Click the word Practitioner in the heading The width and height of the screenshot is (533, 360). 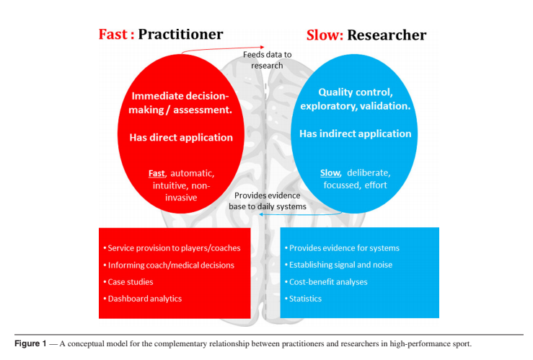(180, 34)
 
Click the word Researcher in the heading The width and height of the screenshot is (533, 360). (388, 35)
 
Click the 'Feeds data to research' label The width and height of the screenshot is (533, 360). (267, 60)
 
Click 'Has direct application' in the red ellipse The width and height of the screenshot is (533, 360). (181, 137)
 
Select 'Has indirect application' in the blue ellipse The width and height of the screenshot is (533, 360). (356, 133)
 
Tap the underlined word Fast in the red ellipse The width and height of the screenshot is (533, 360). (157, 173)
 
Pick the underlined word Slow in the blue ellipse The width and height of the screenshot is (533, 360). (330, 173)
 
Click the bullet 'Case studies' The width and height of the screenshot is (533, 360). (130, 282)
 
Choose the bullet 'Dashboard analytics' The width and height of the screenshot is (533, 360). (144, 299)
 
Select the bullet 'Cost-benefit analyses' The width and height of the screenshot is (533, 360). (329, 282)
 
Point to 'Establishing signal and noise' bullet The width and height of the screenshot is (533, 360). (340, 265)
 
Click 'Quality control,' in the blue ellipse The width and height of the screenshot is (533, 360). (356, 92)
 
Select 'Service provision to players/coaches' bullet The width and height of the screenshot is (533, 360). (174, 248)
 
